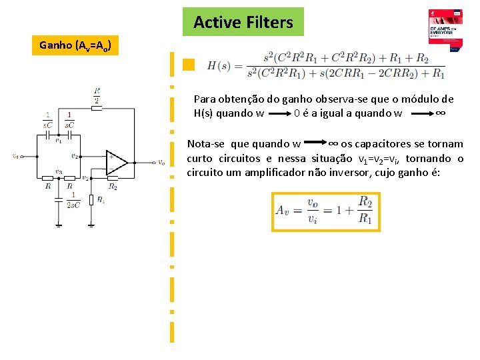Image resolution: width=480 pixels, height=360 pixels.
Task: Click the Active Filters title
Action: coord(243,22)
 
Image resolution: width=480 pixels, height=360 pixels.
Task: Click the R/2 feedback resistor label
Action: coord(97,95)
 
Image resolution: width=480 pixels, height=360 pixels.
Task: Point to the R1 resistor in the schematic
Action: coord(91,199)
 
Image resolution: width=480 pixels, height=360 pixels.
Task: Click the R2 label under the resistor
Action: coord(113,187)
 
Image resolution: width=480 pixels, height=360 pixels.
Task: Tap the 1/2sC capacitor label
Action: coord(73,199)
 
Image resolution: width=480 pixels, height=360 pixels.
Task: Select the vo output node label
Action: coord(162,162)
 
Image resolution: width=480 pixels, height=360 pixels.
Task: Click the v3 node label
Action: coord(59,172)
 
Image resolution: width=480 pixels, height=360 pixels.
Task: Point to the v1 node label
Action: coord(59,141)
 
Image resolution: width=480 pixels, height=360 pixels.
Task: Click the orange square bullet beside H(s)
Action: coord(189,65)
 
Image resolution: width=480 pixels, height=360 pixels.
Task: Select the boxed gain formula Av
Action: coord(326,211)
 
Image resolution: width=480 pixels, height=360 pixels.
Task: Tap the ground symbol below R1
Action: coord(91,225)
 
